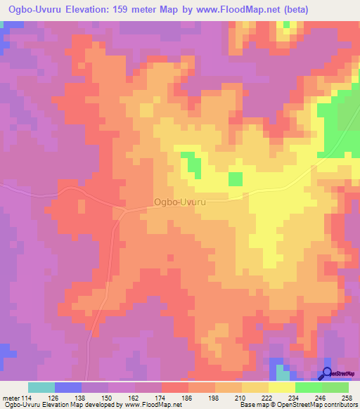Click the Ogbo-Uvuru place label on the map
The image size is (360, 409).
(179, 202)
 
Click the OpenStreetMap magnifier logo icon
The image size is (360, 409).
(327, 374)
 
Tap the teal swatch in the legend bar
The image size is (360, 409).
(41, 387)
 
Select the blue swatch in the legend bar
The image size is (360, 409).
(68, 387)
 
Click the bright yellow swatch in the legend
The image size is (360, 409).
(282, 387)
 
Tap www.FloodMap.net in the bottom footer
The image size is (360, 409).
(150, 405)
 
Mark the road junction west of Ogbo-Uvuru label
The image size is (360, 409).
(124, 209)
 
